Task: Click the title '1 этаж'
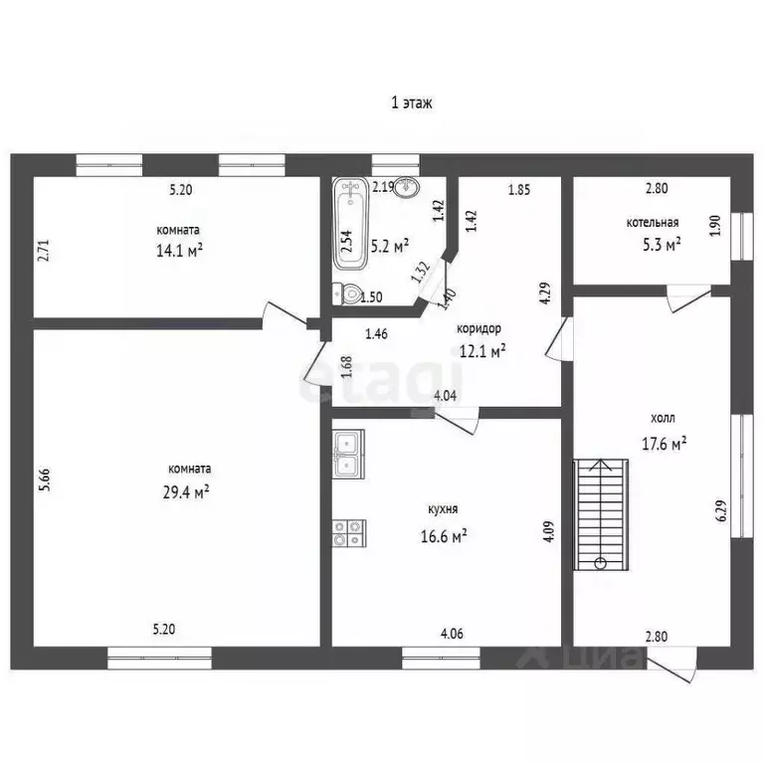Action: point(412,102)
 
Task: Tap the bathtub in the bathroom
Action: point(351,223)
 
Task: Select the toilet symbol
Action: point(346,293)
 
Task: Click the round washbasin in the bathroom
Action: point(406,188)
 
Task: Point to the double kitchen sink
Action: point(348,454)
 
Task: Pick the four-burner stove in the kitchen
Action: point(349,533)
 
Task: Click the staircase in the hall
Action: point(601,514)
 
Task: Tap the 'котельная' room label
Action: point(653,223)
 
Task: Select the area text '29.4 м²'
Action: point(186,492)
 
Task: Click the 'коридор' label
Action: point(478,329)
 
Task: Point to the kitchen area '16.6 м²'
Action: point(444,536)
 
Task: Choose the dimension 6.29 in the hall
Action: point(721,510)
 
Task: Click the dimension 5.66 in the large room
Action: point(45,479)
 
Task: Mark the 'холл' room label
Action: point(663,418)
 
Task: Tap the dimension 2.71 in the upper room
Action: point(44,250)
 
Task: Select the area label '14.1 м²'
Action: point(179,251)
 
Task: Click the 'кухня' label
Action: point(443,509)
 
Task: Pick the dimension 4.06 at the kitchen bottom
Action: point(452,634)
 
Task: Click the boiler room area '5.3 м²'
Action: point(662,244)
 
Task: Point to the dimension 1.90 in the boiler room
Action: point(715,226)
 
